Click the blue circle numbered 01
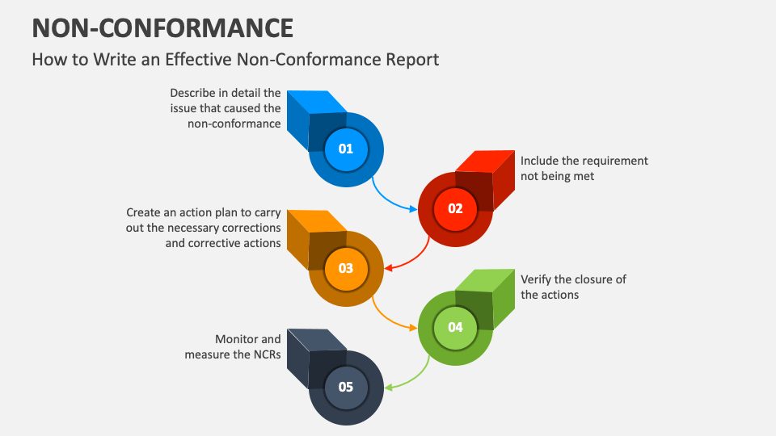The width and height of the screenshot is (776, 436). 346,149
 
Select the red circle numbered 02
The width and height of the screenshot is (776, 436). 455,209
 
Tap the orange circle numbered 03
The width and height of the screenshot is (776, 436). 346,268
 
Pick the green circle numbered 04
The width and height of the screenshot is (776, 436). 455,328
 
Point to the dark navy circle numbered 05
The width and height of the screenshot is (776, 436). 346,387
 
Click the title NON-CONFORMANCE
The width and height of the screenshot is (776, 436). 162,28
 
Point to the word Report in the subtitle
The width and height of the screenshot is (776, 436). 412,60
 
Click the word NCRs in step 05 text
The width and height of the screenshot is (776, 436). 268,354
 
